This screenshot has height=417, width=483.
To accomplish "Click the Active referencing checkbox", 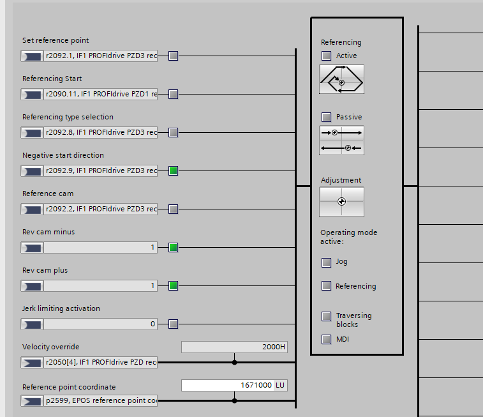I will click(327, 56).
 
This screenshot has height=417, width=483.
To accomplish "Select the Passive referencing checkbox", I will click(327, 117).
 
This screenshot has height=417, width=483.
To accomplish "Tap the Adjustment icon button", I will click(341, 202).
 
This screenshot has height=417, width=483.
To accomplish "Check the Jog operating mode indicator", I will click(327, 262).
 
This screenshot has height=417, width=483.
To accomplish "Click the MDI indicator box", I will click(327, 339).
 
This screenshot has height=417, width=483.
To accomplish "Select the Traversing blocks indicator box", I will click(327, 316).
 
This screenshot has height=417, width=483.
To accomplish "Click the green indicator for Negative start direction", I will click(173, 171).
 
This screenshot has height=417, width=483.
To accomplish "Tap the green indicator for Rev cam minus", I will click(173, 247).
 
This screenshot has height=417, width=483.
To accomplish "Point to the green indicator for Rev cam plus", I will click(173, 285).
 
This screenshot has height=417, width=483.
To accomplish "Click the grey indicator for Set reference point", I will click(173, 56).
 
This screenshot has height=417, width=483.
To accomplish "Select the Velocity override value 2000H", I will click(235, 347).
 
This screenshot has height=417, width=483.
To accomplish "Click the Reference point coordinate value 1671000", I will click(228, 385).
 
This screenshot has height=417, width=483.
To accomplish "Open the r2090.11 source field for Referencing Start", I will click(100, 95).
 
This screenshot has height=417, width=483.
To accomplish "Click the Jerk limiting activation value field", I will click(100, 324).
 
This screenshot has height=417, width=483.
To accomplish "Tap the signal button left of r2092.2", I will click(31, 209).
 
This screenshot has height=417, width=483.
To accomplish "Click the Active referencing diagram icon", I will click(341, 79).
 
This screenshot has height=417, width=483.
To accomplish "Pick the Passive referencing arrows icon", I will click(341, 140).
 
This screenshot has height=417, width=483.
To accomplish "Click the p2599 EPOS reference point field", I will click(100, 400).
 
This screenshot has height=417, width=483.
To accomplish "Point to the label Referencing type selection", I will click(68, 117).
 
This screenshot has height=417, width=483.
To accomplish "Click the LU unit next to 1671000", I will click(280, 385).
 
